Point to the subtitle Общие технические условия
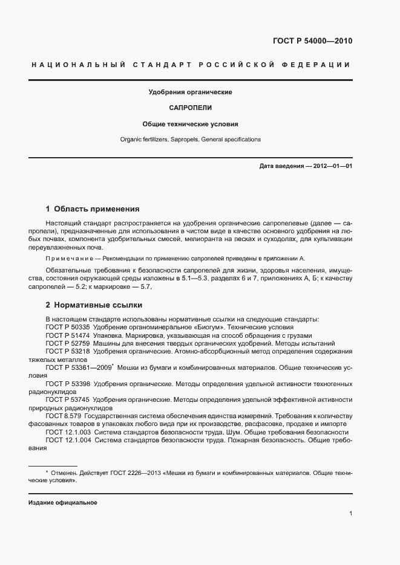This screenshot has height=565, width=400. (191, 124)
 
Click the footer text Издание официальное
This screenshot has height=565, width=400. (63, 502)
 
